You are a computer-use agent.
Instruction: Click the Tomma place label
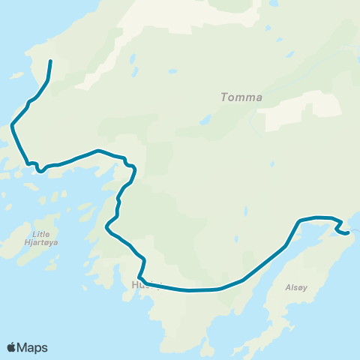[241, 97]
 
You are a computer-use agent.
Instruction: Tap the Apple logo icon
[12, 347]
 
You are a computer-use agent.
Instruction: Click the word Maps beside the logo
[34, 347]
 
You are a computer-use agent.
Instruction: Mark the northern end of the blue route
[50, 61]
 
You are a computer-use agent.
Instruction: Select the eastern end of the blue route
[349, 233]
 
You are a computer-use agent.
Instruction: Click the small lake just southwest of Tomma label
[205, 120]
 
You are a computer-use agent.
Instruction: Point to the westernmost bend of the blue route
[13, 127]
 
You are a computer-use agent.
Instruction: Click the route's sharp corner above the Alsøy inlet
[299, 220]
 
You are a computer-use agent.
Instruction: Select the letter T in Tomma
[224, 97]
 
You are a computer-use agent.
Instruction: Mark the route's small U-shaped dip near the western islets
[40, 169]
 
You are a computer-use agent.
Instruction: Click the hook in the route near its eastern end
[339, 224]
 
